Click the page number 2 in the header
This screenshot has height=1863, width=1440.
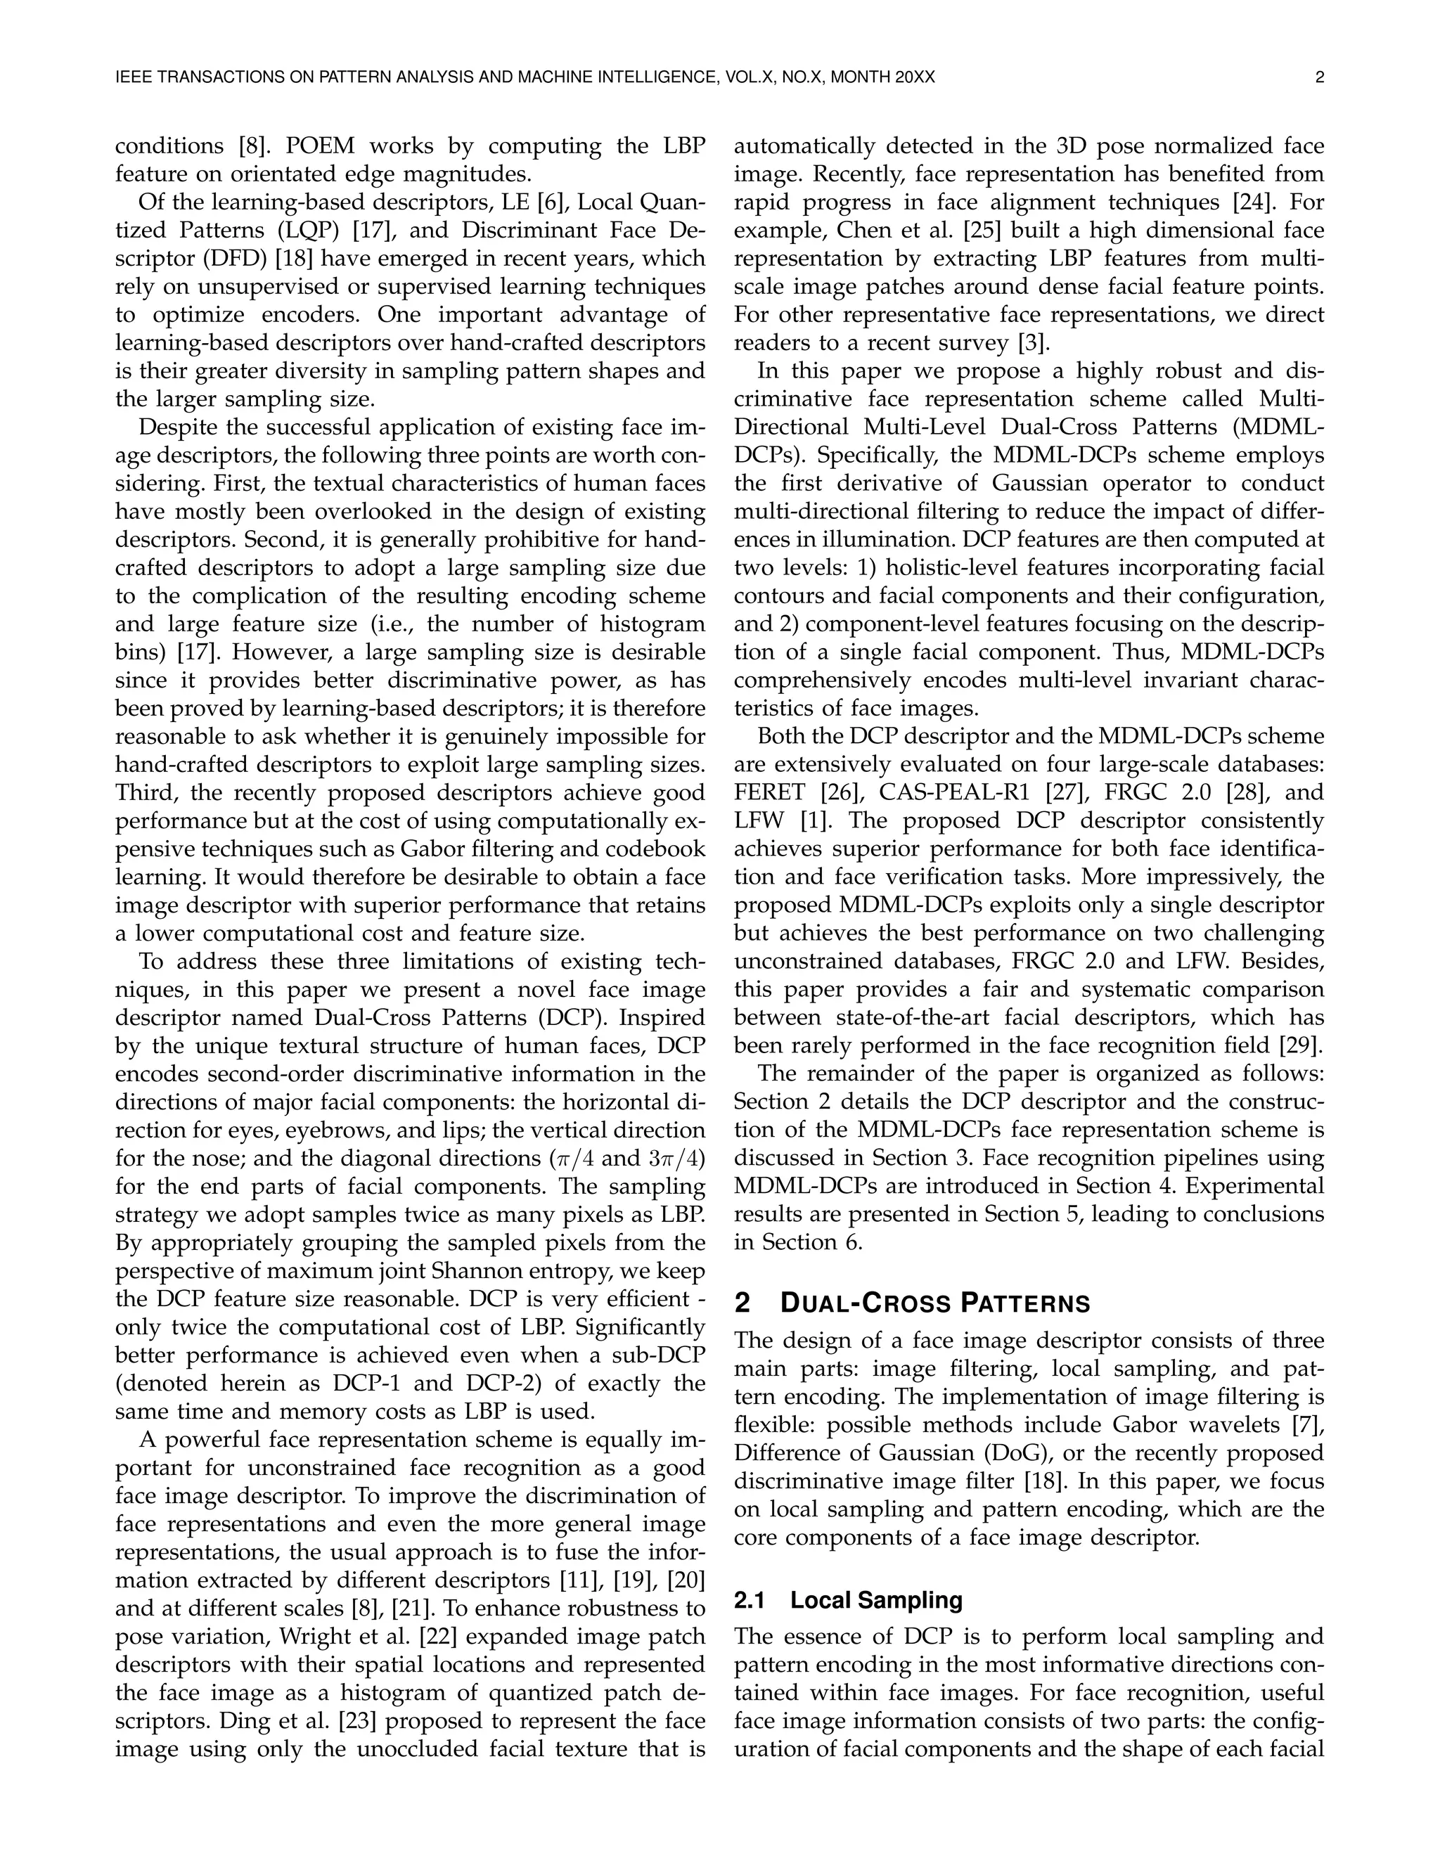pyautogui.click(x=1320, y=77)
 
